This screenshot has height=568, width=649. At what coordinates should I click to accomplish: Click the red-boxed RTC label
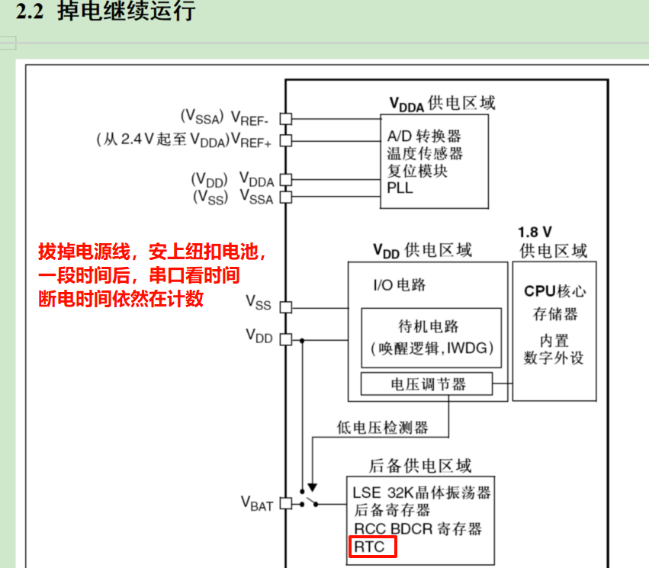(x=373, y=547)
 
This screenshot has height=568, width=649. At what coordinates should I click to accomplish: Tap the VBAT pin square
(x=286, y=503)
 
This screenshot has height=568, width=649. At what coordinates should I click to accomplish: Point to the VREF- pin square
(x=286, y=118)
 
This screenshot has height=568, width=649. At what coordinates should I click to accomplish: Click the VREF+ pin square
(x=286, y=140)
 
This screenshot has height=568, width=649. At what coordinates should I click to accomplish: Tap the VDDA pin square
(x=286, y=180)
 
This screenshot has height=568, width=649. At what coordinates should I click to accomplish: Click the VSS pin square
(x=286, y=306)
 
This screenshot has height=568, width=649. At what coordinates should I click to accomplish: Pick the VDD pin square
(x=286, y=339)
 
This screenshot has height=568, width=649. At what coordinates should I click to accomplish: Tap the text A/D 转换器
(x=424, y=136)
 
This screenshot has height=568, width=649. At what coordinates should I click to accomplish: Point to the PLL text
(x=400, y=188)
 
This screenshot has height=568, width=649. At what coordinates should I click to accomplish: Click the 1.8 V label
(x=535, y=232)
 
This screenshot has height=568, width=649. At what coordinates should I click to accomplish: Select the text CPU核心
(x=554, y=291)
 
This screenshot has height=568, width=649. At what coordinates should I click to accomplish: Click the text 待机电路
(x=429, y=326)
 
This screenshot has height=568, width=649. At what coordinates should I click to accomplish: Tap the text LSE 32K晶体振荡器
(x=421, y=492)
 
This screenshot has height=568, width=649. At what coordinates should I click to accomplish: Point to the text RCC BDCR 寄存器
(x=417, y=528)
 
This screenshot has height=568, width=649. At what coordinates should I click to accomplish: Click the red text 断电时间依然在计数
(x=120, y=299)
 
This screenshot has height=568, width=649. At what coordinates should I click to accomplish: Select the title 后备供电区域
(x=419, y=465)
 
